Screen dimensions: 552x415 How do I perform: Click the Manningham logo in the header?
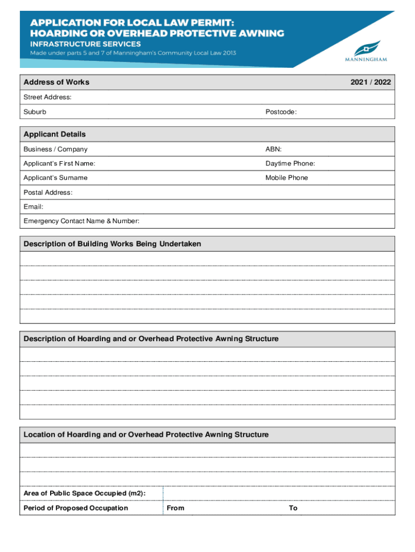365,51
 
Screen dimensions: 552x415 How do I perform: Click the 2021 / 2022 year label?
370,82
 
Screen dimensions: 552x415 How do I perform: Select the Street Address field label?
47,98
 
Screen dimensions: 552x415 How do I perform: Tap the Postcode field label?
281,112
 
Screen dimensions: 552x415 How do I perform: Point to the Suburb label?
34,112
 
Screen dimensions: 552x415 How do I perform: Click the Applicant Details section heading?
54,134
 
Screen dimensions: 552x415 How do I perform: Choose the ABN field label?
273,149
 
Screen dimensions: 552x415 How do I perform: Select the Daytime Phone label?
290,163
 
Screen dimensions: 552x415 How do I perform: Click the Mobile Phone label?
287,178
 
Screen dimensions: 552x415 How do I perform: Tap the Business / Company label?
55,149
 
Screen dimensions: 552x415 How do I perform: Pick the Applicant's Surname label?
56,178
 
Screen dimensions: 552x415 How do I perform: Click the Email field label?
33,206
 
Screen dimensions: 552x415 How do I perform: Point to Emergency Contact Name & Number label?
81,221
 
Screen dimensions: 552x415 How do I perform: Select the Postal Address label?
48,192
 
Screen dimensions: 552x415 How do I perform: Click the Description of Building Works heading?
112,244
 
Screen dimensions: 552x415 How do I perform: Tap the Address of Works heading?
57,82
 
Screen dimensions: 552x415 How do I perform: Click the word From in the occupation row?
175,508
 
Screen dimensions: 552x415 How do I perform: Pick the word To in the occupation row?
293,508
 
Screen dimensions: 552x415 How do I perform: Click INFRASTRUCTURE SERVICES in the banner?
85,44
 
